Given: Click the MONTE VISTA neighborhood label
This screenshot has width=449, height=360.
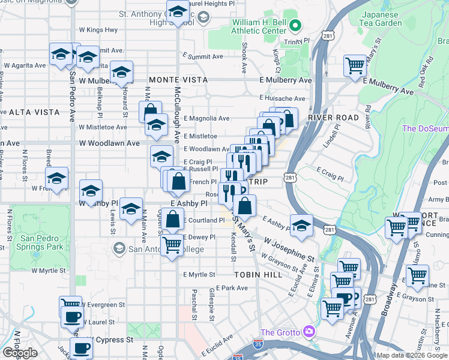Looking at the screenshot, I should tap(178, 80).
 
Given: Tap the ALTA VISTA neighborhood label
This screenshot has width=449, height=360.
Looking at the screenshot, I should tap(34, 112).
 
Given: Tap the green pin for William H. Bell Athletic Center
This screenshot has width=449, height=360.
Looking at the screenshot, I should tap(295, 26).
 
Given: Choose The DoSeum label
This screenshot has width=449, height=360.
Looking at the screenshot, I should tap(425, 128).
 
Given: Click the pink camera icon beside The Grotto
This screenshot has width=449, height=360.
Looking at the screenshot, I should tap(309, 332).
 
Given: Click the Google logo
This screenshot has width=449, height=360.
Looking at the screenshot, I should tap(20, 353).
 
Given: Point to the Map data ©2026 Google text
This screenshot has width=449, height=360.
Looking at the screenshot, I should tap(411, 355).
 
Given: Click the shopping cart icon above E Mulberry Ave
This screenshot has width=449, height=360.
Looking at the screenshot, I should tap(355, 65).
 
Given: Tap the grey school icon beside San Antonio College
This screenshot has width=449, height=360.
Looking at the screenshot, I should tap(119, 248).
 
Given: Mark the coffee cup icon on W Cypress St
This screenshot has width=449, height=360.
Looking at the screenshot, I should tap(82, 348).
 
